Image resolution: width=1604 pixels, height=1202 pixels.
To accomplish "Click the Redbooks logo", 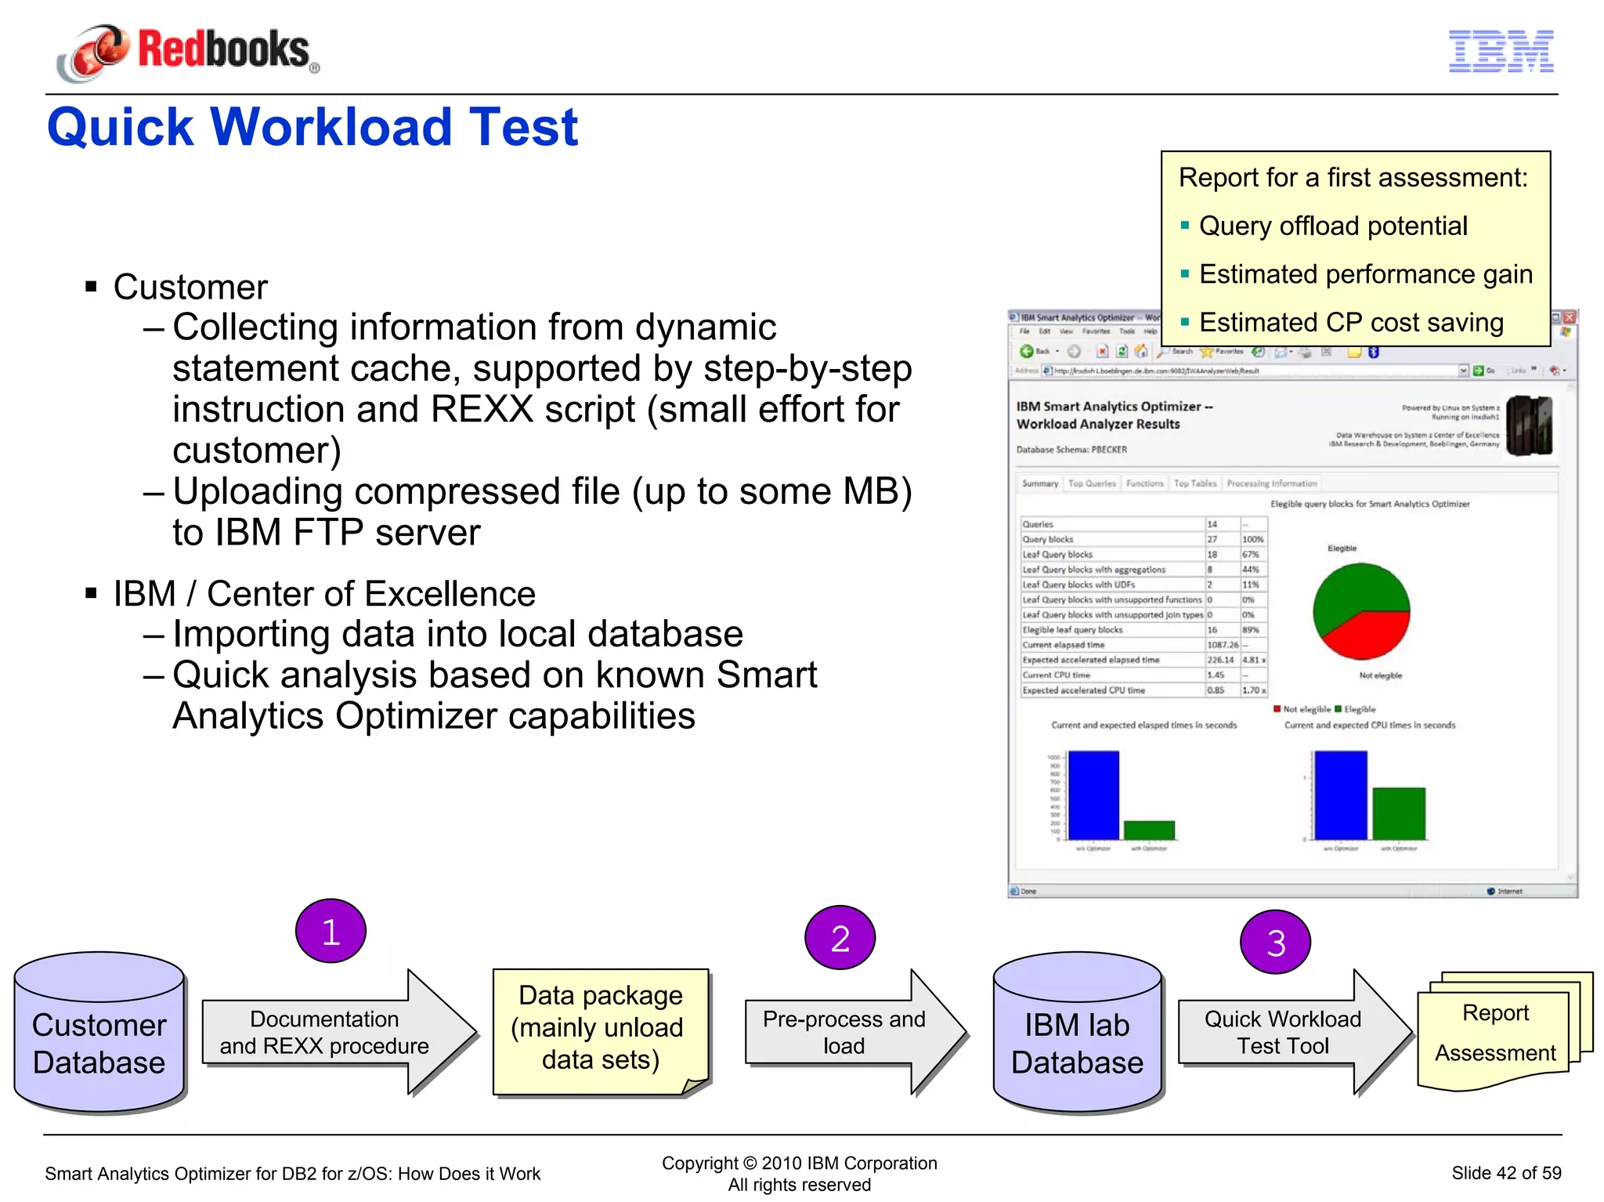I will coord(188,51).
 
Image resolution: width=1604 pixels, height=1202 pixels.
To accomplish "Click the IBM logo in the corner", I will coord(1501,52).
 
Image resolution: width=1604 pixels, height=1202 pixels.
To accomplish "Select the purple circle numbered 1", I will coord(331,931).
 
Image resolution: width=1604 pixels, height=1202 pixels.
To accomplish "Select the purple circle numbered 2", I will coord(840,938).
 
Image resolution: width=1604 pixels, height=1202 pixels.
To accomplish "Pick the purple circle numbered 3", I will coord(1275,942).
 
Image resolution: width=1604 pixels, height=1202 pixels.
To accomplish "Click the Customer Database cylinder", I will coord(99,1034).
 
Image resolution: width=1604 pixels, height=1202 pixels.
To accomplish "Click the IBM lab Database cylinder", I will coord(1077,1034).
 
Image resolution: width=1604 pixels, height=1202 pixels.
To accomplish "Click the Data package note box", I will coord(601,1028).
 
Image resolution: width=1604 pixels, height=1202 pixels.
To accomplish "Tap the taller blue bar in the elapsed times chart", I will coord(1093,795).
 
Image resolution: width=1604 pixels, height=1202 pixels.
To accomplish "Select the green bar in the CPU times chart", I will coord(1399,813).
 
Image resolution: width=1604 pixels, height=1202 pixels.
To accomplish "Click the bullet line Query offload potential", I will coord(1333,226).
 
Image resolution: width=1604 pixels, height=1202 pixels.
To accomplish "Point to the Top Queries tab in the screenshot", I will coord(1092,483).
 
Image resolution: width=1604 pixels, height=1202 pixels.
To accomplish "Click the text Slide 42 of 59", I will coord(1505,1173).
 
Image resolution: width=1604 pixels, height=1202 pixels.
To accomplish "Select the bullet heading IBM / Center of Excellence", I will coord(324,594).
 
